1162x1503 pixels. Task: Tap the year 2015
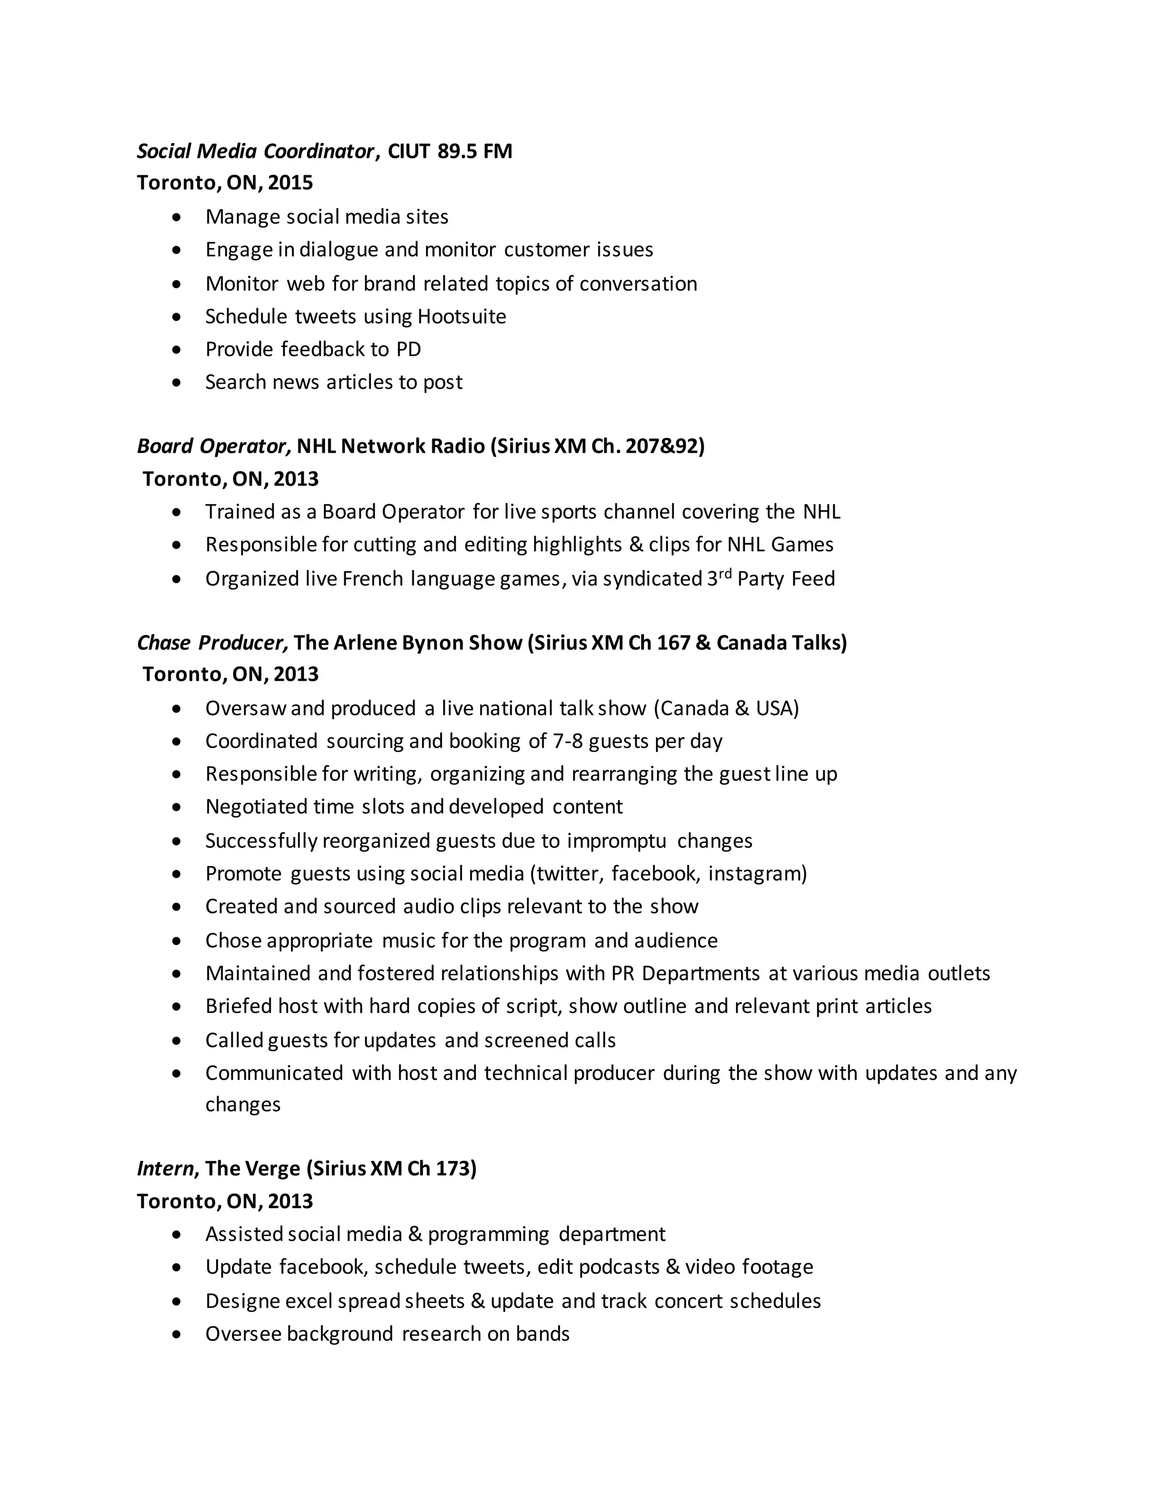pyautogui.click(x=290, y=183)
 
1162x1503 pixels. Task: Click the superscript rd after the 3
pyautogui.click(x=725, y=573)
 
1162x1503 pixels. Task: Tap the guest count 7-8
pyautogui.click(x=567, y=741)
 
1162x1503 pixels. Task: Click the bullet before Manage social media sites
pyautogui.click(x=178, y=217)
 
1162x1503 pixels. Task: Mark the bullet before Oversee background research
pyautogui.click(x=178, y=1335)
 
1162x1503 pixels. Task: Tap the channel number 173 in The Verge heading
pyautogui.click(x=454, y=1168)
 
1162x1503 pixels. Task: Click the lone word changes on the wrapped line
pyautogui.click(x=243, y=1104)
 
